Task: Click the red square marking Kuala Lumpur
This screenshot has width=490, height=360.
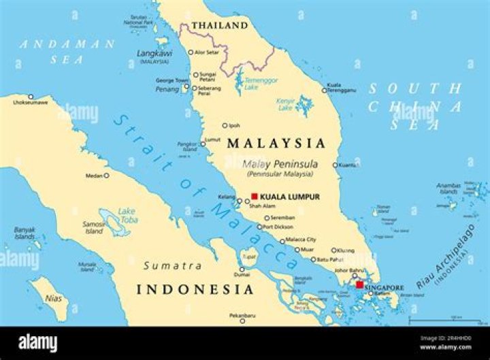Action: click(x=255, y=197)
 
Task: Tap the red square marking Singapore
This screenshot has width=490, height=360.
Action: click(x=359, y=284)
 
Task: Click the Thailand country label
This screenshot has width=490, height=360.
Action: click(x=219, y=26)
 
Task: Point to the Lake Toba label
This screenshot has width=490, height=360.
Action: click(x=127, y=214)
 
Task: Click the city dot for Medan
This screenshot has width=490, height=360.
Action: click(x=106, y=176)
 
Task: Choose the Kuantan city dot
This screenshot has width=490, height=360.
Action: click(x=335, y=165)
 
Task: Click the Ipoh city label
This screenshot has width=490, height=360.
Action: click(x=234, y=125)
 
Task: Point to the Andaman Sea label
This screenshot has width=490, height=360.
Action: click(x=67, y=52)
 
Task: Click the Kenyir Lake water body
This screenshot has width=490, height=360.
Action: click(x=304, y=105)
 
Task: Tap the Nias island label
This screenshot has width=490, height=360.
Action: click(x=53, y=298)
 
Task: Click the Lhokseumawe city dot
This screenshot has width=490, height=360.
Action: click(x=31, y=97)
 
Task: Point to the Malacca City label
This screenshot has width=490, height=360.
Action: click(x=301, y=240)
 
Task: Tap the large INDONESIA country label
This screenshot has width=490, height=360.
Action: click(x=195, y=289)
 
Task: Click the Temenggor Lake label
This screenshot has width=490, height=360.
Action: click(x=262, y=82)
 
